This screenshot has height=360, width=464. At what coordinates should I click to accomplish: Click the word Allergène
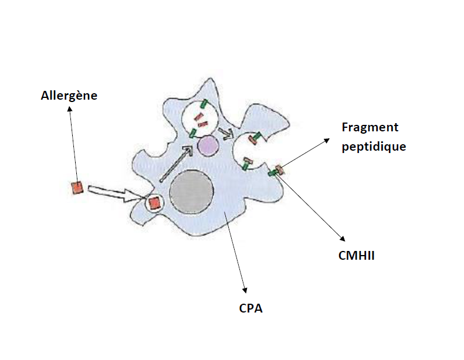[69, 96]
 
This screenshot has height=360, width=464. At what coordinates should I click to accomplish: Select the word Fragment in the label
[370, 128]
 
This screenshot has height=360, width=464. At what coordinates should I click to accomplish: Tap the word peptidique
[374, 147]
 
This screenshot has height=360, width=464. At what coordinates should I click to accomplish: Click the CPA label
[250, 307]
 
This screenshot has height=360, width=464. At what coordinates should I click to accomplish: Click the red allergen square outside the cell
[76, 188]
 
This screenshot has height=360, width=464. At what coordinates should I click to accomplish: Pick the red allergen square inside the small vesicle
[154, 203]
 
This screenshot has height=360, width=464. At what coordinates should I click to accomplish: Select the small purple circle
[206, 145]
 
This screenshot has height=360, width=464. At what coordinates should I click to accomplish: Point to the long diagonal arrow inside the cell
[176, 164]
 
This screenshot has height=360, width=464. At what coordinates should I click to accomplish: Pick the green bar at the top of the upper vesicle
[204, 104]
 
